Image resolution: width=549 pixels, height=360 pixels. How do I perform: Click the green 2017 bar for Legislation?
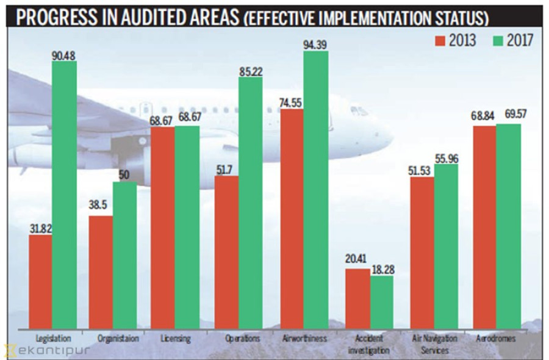(x=65, y=195)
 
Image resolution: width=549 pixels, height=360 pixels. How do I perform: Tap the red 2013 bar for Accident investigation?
(x=357, y=299)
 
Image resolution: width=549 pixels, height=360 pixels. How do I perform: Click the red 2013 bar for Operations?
(x=226, y=253)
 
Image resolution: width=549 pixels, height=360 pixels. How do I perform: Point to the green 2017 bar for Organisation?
(x=125, y=256)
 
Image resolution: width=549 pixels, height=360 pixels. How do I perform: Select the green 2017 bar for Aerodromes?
(x=508, y=226)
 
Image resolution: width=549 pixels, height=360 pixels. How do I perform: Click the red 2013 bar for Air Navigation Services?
(x=422, y=253)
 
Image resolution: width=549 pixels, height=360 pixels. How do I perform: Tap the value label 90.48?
(x=65, y=54)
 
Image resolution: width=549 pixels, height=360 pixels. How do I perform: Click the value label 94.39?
(x=316, y=44)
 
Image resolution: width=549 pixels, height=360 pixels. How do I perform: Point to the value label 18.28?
(x=382, y=269)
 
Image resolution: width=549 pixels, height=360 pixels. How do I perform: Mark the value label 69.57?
(x=509, y=117)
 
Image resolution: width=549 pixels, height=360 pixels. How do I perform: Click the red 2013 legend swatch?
(x=440, y=40)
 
